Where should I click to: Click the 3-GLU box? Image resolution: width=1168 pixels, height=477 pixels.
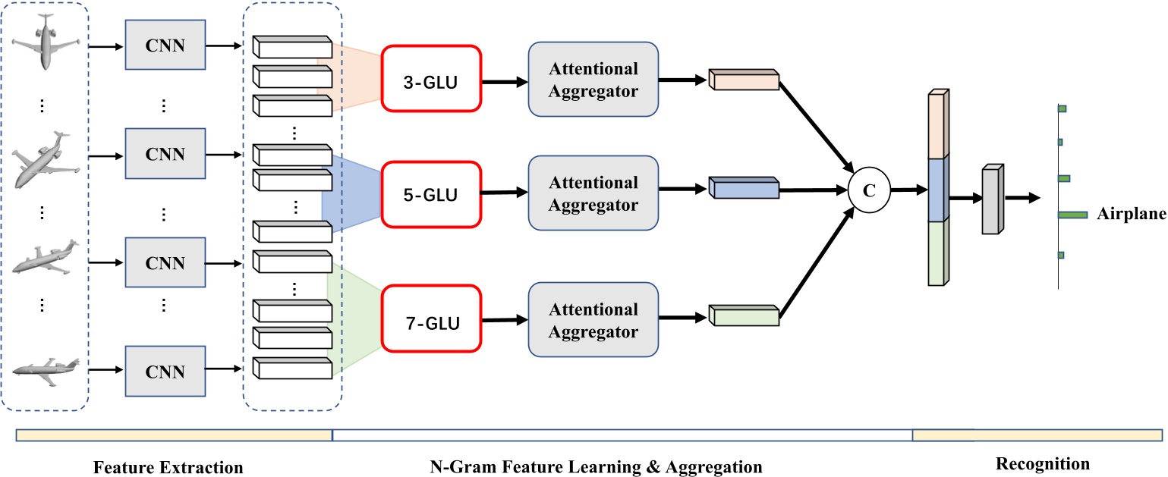(431, 78)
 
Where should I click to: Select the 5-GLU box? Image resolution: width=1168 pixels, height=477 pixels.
(431, 195)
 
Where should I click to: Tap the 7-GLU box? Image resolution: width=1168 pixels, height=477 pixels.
(431, 322)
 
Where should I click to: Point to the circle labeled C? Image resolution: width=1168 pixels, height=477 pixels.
(870, 190)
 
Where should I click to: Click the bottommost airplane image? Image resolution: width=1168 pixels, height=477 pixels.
(46, 369)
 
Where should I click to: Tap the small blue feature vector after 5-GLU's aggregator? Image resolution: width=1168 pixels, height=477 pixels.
(744, 187)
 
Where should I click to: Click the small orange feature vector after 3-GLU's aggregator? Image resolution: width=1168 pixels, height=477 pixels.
(744, 80)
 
